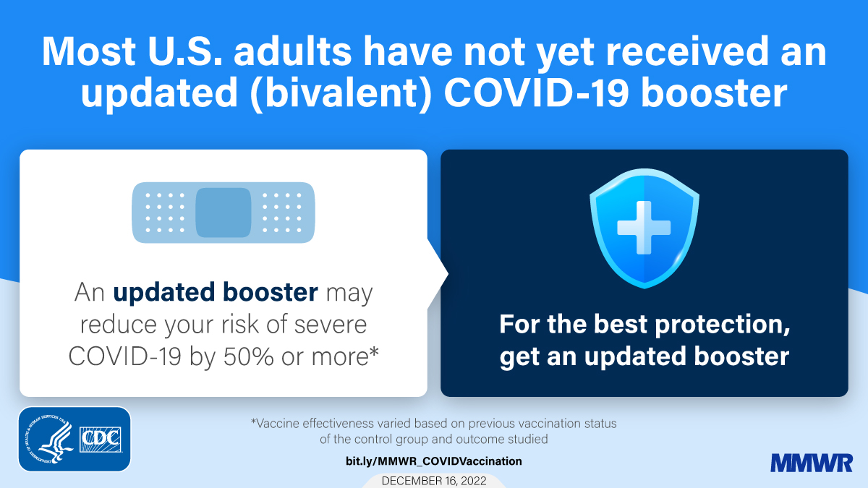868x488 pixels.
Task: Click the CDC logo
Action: (101, 439)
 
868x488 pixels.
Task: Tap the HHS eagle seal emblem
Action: (48, 440)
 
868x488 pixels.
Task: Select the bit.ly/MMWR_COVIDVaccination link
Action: (433, 461)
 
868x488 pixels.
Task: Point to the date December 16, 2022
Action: (433, 481)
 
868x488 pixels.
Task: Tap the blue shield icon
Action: (643, 230)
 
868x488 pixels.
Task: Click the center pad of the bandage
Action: (223, 212)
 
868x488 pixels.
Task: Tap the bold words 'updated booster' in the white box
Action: (216, 293)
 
